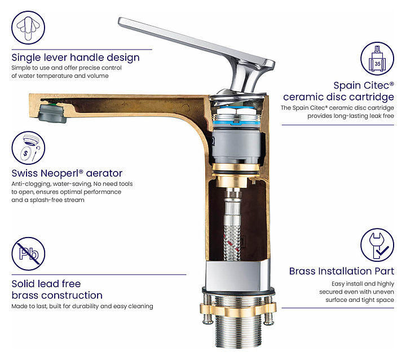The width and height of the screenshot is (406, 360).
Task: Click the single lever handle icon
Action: pyautogui.click(x=28, y=27)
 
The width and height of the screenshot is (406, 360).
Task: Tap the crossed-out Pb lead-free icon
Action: pyautogui.click(x=28, y=254)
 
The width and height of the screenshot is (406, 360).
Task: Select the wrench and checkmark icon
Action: pyautogui.click(x=377, y=245)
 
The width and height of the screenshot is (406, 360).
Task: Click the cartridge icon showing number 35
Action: pyautogui.click(x=377, y=59)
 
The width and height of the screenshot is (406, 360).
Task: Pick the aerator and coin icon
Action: pyautogui.click(x=28, y=148)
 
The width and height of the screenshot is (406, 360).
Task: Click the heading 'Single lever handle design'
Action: pyautogui.click(x=76, y=58)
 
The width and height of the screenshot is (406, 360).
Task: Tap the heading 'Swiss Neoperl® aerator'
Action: pyautogui.click(x=67, y=173)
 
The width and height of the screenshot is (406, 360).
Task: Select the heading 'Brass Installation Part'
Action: pyautogui.click(x=342, y=271)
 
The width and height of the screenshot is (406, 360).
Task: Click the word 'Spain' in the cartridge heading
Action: pyautogui.click(x=346, y=86)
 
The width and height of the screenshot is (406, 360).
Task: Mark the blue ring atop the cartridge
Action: pyautogui.click(x=237, y=122)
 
